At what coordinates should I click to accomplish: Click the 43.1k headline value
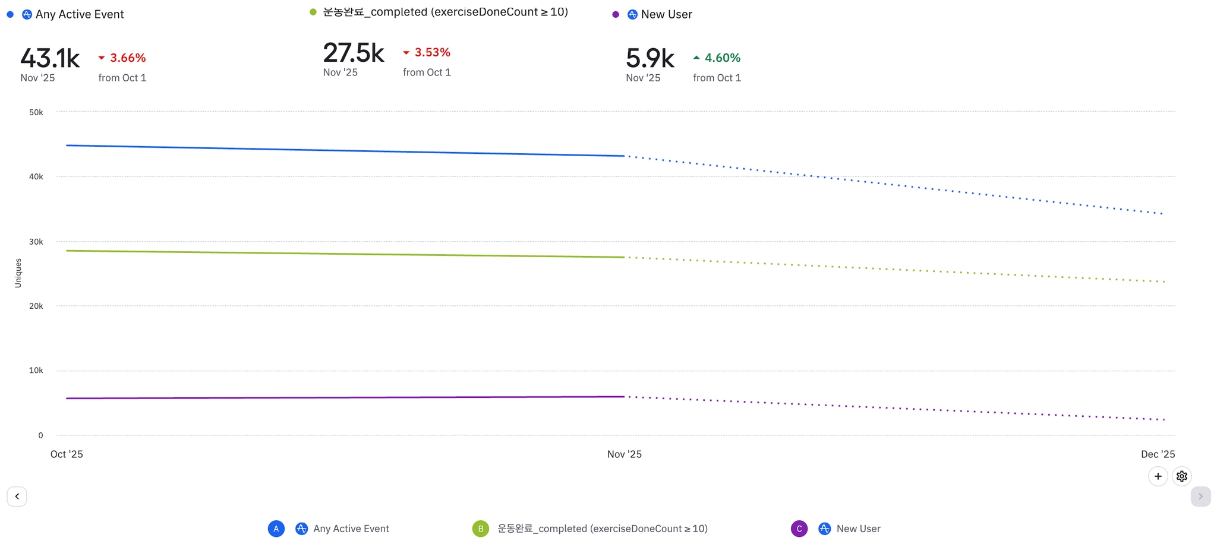pyautogui.click(x=50, y=58)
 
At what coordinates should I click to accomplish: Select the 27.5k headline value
pyautogui.click(x=354, y=53)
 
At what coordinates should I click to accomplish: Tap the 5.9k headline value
pyautogui.click(x=650, y=58)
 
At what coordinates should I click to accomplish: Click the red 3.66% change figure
pyautogui.click(x=127, y=58)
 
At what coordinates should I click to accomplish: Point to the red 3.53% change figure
pyautogui.click(x=432, y=52)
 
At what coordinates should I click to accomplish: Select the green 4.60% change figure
pyautogui.click(x=722, y=58)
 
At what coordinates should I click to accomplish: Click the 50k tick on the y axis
pyautogui.click(x=36, y=112)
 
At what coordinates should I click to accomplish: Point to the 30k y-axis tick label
pyautogui.click(x=36, y=242)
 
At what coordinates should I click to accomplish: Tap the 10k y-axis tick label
pyautogui.click(x=36, y=371)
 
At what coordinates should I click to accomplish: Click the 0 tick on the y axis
pyautogui.click(x=40, y=435)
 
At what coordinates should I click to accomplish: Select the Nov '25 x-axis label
pyautogui.click(x=624, y=454)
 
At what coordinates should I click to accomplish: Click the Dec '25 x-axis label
pyautogui.click(x=1158, y=454)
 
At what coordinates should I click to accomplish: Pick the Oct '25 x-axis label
pyautogui.click(x=67, y=454)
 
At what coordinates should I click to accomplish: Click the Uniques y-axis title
pyautogui.click(x=18, y=273)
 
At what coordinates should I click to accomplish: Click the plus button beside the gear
pyautogui.click(x=1158, y=476)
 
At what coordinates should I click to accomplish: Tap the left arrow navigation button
pyautogui.click(x=17, y=496)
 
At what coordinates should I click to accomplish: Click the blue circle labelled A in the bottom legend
pyautogui.click(x=276, y=529)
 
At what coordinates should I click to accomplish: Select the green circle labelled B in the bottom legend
pyautogui.click(x=480, y=529)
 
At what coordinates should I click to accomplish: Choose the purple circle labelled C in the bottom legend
pyautogui.click(x=799, y=529)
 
